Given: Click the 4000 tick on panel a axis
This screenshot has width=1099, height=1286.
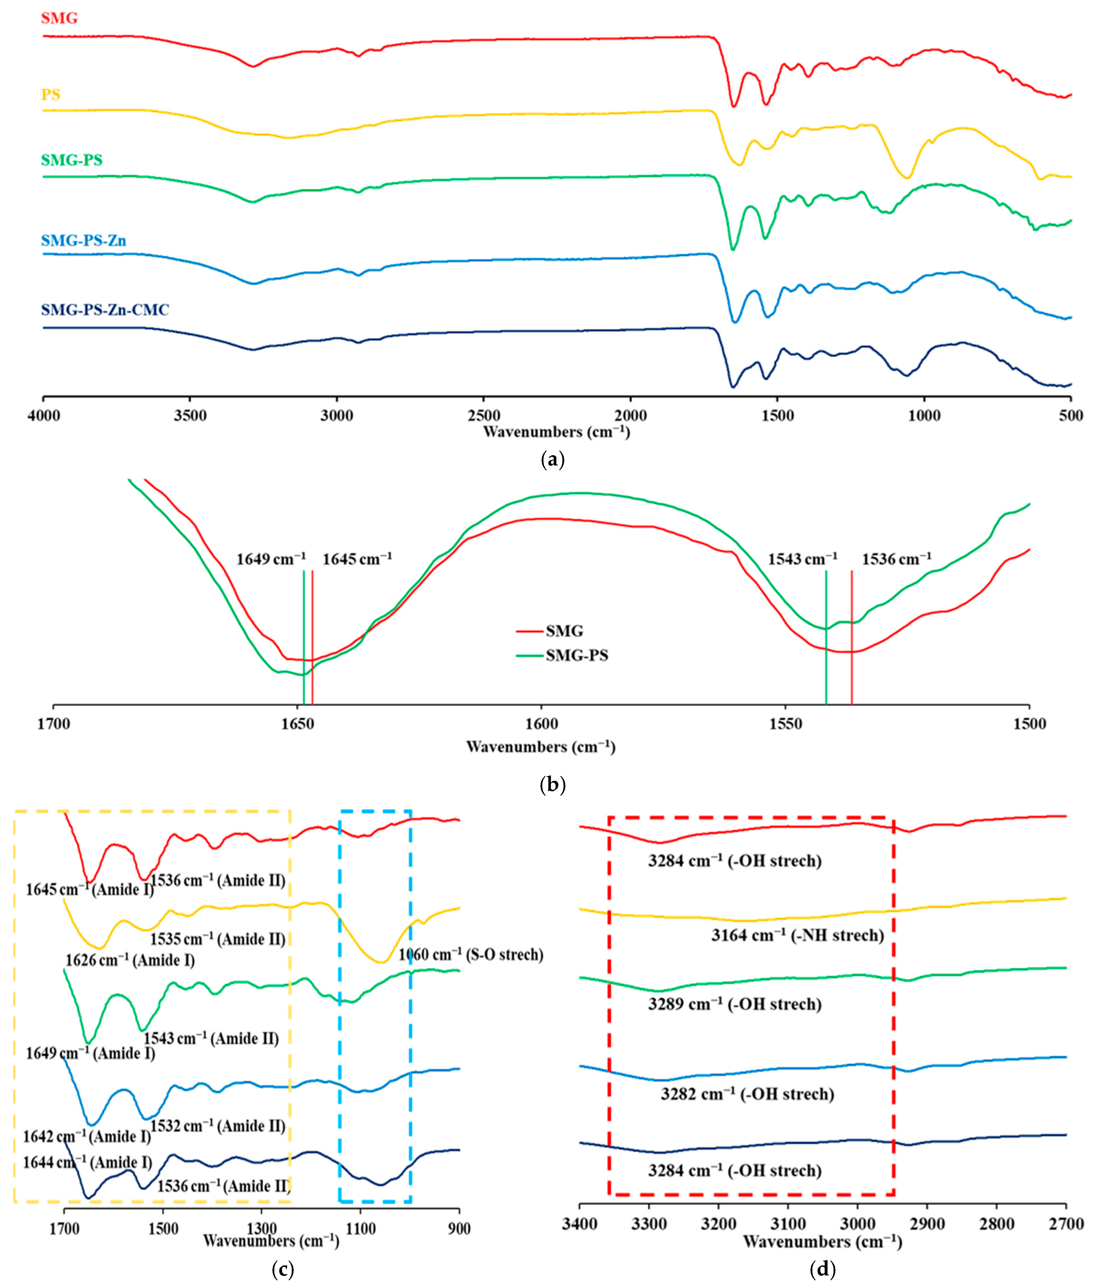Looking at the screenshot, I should click(x=43, y=415).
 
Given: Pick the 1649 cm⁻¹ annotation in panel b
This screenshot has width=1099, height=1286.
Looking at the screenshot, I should click(x=271, y=559).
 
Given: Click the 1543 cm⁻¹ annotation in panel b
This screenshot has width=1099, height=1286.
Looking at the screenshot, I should click(x=802, y=559).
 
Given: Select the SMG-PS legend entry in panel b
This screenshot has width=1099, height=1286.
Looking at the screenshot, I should click(x=576, y=655).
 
